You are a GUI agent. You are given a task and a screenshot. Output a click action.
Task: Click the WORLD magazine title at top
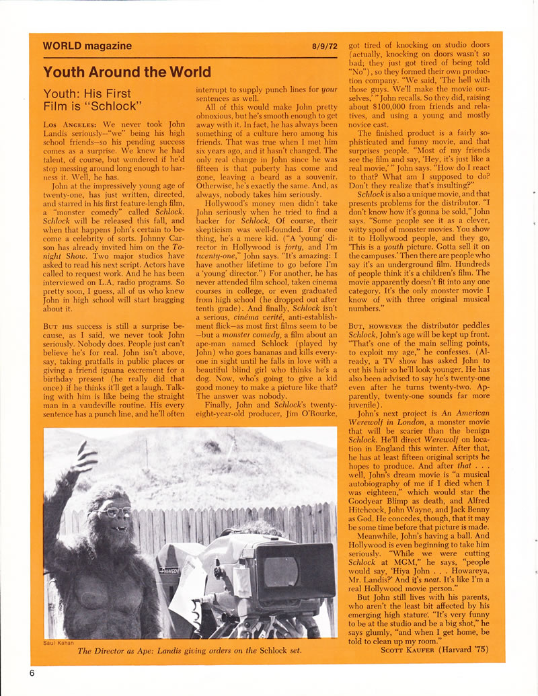pos(87,46)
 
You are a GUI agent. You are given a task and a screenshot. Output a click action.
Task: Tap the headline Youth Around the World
pos(127,72)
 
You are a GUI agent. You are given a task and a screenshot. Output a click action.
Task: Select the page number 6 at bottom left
pos(32,672)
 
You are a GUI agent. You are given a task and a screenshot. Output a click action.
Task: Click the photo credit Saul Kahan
pos(61,643)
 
